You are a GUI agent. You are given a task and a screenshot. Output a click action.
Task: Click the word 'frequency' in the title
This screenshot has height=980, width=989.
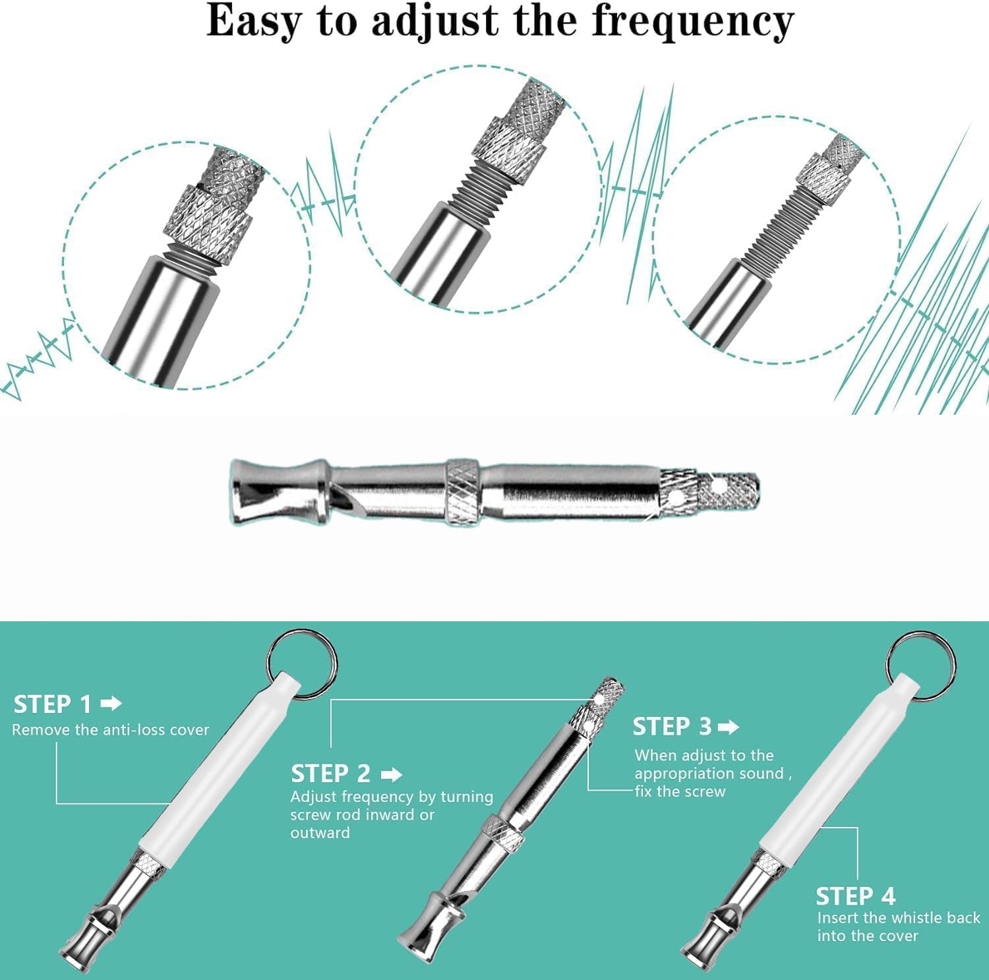692,23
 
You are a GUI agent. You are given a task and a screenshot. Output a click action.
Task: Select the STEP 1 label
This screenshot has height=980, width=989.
53,704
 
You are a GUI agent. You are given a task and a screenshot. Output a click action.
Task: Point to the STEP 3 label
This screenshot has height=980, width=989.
672,727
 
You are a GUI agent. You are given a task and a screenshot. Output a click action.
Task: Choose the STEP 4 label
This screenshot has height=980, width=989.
855,897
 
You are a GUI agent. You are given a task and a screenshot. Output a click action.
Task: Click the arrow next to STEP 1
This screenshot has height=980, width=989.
111,704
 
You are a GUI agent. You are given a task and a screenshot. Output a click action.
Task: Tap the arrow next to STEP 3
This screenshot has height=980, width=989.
729,727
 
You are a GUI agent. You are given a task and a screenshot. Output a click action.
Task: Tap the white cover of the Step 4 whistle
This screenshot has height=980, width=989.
837,772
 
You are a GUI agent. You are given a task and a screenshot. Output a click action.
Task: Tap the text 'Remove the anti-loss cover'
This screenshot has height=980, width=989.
110,730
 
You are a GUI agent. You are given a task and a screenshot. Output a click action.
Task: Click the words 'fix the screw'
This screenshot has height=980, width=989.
680,791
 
